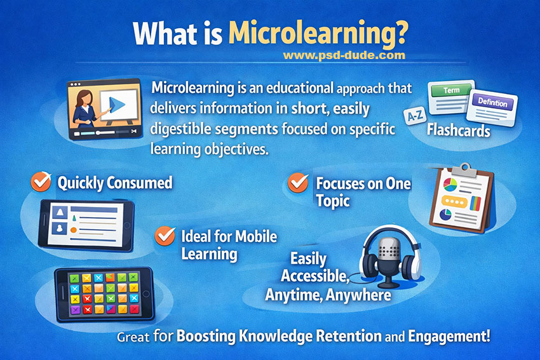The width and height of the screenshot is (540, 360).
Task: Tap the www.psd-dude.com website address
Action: (344, 55)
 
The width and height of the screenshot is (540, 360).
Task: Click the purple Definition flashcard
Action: (492, 103)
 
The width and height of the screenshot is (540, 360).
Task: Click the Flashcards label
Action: (458, 131)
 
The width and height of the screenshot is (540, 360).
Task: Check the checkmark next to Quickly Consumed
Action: (41, 182)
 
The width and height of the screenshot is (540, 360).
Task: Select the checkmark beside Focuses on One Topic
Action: (298, 183)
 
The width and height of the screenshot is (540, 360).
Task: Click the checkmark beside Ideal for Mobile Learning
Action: (165, 236)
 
